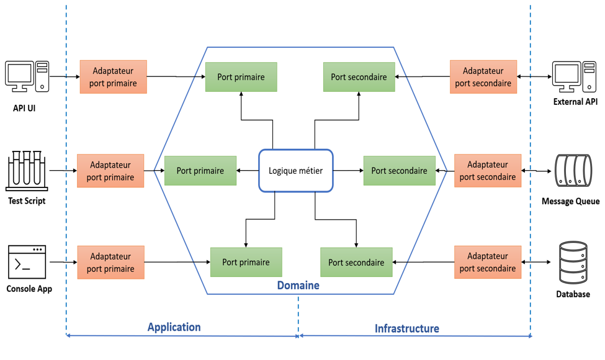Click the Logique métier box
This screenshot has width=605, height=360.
pos(296,170)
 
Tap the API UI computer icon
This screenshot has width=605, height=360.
pos(27,77)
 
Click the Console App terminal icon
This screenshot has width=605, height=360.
pos(27,262)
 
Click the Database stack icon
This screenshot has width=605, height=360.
pos(573,263)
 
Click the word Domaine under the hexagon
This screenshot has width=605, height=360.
pos(298,286)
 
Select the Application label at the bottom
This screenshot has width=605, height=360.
pos(174,327)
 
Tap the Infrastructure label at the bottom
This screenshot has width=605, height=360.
pos(406,328)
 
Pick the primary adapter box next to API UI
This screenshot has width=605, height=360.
pos(114,77)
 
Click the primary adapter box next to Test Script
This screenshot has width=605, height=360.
pos(110,171)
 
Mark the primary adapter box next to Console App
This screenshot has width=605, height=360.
pos(110,263)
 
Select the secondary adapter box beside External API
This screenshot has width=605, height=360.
pos(483,77)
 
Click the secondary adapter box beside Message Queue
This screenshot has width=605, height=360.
pos(488,171)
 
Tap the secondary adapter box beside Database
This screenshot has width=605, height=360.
pos(488,263)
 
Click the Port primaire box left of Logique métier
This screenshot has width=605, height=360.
pos(200,171)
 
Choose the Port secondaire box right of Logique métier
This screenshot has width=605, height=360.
pos(399,171)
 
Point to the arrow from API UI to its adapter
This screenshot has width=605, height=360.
pos(64,77)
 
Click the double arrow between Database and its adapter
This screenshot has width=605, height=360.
pos(536,263)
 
